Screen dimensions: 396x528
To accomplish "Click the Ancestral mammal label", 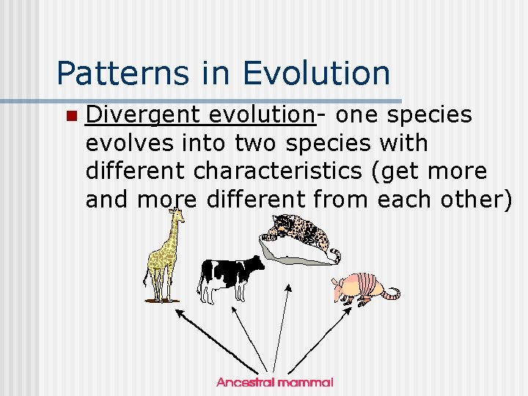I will pyautogui.click(x=275, y=382).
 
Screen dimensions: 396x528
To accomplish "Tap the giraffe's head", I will pyautogui.click(x=176, y=214).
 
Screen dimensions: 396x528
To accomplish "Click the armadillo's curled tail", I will pyautogui.click(x=392, y=293).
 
